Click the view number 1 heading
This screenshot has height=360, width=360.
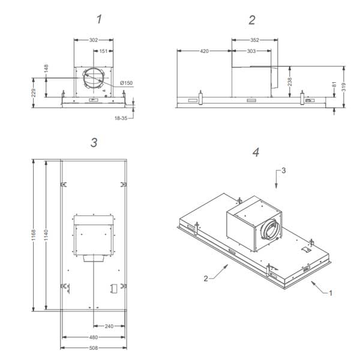click(x=99, y=20)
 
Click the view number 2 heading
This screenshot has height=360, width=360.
click(x=252, y=20)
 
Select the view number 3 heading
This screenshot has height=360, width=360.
click(x=94, y=142)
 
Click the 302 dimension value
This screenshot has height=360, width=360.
click(x=94, y=40)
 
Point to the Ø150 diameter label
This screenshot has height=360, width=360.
click(x=127, y=82)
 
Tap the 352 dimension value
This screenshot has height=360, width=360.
click(x=254, y=40)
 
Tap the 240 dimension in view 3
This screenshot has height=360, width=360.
click(x=109, y=326)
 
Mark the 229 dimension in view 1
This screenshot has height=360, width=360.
click(x=34, y=92)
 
